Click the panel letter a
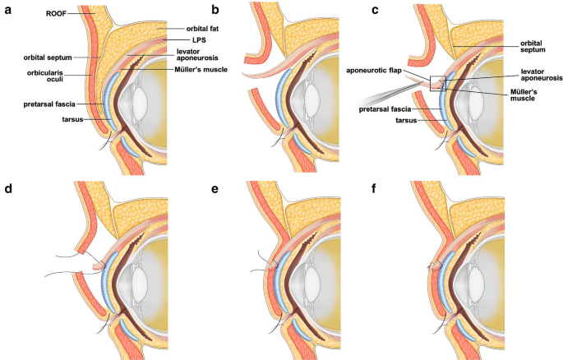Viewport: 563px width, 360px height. click(x=8, y=11)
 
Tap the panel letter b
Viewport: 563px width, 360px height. click(x=215, y=11)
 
